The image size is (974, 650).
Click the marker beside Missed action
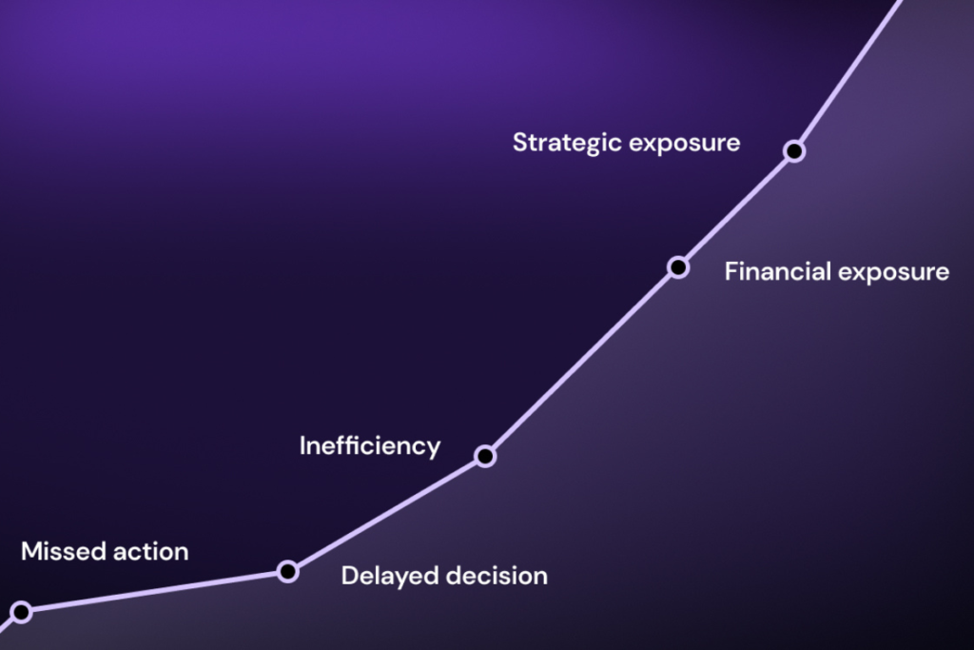tap(21, 612)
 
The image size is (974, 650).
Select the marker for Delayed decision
tap(287, 571)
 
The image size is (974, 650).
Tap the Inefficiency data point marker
tap(485, 456)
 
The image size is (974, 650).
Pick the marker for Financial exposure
tap(678, 267)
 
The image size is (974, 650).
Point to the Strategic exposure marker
tap(794, 151)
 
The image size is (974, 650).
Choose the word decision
tap(497, 576)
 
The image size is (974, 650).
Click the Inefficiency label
tap(370, 446)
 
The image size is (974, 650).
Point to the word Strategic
tap(567, 143)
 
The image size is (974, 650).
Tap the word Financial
tap(778, 271)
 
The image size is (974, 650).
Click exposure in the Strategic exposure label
tap(685, 144)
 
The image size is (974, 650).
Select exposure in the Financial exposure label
tap(894, 273)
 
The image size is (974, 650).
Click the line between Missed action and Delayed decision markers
tap(154, 592)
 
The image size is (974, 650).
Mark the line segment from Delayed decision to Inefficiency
tap(386, 514)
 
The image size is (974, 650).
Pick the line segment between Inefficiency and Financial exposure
tap(581, 362)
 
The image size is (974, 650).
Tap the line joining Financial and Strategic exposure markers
tap(736, 209)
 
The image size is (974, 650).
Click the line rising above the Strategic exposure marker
tap(849, 70)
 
